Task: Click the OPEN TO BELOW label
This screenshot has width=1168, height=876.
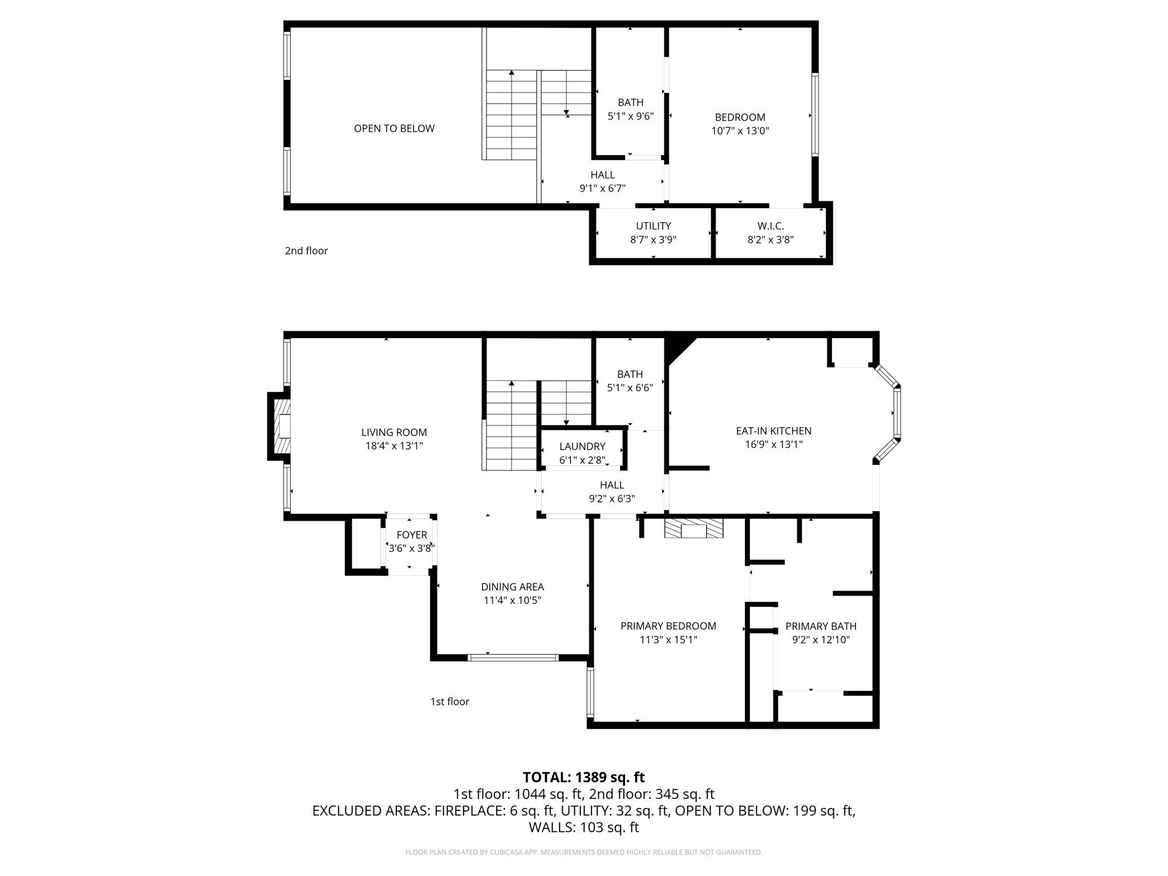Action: click(x=394, y=128)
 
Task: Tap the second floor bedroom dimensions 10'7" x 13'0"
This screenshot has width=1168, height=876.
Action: click(x=740, y=131)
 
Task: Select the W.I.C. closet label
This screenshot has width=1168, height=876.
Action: click(x=770, y=226)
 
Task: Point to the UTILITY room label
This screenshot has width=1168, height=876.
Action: click(x=653, y=226)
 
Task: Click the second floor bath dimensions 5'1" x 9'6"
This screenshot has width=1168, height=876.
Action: click(x=630, y=116)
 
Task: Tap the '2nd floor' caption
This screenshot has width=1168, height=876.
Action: click(x=306, y=250)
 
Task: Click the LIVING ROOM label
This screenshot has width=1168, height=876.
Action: click(x=394, y=432)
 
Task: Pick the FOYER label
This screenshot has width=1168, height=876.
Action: click(x=411, y=534)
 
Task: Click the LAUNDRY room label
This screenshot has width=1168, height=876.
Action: click(x=582, y=446)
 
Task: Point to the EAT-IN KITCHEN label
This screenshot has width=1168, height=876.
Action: click(x=773, y=431)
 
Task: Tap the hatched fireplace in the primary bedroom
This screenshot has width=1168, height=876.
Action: click(x=693, y=529)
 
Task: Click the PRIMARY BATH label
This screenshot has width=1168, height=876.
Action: click(x=821, y=626)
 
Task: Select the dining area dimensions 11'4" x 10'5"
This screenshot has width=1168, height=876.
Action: click(x=512, y=600)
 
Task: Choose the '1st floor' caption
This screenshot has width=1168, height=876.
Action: click(x=449, y=701)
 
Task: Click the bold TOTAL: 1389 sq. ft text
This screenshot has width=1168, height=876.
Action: click(x=583, y=777)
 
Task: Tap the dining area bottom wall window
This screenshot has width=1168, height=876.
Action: click(x=513, y=658)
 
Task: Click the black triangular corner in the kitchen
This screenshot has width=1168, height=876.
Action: click(x=678, y=347)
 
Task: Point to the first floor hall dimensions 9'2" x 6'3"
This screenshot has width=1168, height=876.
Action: click(x=611, y=498)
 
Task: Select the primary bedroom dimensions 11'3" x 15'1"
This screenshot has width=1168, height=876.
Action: click(x=668, y=639)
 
